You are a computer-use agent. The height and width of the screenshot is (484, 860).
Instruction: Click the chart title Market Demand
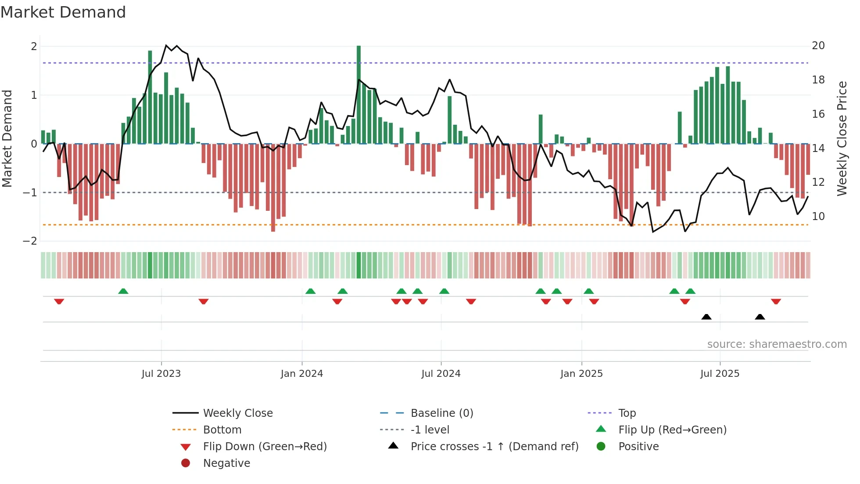point(63,12)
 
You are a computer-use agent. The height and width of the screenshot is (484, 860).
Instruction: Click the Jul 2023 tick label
point(161,374)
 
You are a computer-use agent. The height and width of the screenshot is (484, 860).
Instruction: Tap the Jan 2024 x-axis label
point(302,374)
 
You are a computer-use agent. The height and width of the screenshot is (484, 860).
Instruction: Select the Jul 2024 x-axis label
point(441,374)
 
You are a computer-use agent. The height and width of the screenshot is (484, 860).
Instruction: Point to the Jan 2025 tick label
point(581,374)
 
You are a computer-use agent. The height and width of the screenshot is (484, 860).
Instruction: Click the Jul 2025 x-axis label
point(720,374)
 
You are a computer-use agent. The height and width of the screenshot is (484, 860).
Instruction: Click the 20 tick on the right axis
point(818,46)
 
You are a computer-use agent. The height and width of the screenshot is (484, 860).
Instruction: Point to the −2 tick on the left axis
point(30,241)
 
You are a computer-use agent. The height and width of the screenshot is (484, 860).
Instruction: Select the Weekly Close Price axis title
point(842,138)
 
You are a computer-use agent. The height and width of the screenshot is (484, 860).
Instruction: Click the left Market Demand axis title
point(7,138)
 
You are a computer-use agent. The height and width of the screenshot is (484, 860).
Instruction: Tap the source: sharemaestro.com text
point(777,344)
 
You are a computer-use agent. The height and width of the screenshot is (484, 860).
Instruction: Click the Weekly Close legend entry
point(237,413)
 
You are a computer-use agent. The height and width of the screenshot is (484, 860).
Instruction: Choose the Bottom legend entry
point(222,430)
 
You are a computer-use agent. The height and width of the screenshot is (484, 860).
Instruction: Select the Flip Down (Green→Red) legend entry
point(265,447)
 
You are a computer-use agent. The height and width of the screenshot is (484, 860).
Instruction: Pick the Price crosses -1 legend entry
point(494,447)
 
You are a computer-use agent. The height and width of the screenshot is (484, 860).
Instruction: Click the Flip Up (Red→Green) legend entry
point(672,430)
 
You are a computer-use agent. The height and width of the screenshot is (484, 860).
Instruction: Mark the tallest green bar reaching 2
point(359,94)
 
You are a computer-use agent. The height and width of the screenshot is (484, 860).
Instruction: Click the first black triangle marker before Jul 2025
point(706,317)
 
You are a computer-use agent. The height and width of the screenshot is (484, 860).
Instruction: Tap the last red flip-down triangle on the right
point(776,301)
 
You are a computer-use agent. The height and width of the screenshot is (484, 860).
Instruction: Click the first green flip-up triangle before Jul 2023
point(123,291)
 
